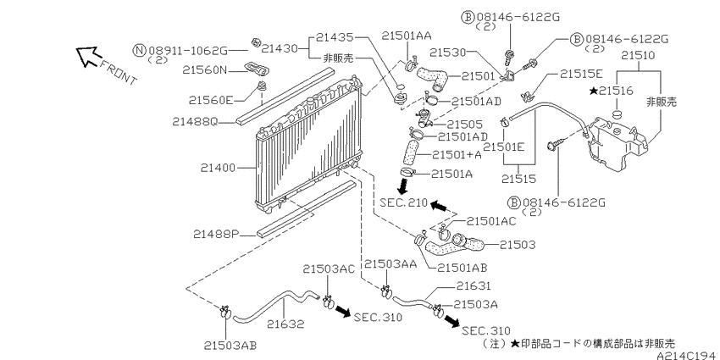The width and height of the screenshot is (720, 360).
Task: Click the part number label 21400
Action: point(219,169)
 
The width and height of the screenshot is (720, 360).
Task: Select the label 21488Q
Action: point(195,122)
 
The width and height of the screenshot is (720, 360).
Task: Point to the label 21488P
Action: point(216,235)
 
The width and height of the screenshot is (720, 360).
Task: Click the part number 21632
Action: point(285,324)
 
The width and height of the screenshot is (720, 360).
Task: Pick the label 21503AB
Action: point(230,345)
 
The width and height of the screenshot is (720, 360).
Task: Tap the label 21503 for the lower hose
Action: point(517,245)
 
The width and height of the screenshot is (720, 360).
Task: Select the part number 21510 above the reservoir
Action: point(639,55)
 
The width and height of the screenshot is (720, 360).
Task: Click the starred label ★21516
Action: point(611,91)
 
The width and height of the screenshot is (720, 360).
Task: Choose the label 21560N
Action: point(205,69)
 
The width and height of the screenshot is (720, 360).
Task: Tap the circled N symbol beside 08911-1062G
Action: point(140,50)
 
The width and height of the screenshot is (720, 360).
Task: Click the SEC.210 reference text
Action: point(403,202)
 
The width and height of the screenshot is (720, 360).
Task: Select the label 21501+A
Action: point(455,155)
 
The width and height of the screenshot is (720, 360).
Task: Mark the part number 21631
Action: point(474,285)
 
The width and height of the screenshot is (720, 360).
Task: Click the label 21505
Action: point(465,124)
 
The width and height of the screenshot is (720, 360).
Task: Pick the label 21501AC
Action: point(491,221)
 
